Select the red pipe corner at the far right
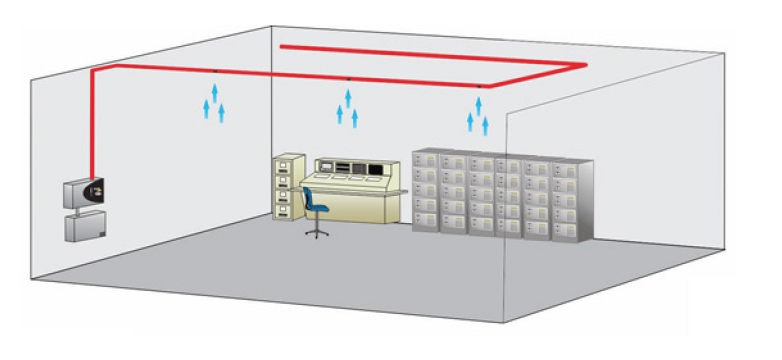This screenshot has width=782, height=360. point(582,65)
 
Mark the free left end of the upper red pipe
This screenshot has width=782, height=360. point(283,45)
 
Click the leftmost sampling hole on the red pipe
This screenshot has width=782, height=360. point(215,73)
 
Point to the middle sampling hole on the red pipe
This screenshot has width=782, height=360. point(347,79)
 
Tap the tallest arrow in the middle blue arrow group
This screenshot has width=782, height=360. point(347,100)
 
